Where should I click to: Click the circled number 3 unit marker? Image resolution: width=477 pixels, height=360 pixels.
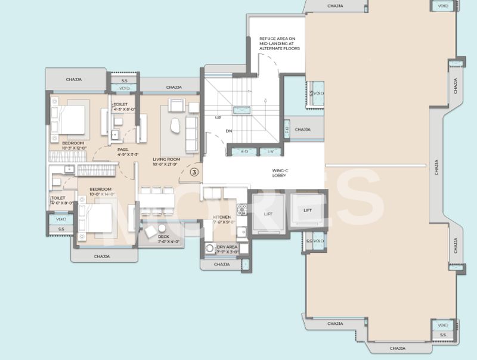point(194,172)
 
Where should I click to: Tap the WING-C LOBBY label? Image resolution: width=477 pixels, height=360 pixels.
point(280,173)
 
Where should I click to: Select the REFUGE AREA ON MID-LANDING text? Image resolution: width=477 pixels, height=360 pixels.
point(279,44)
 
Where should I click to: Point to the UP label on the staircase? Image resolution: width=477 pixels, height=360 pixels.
point(218,117)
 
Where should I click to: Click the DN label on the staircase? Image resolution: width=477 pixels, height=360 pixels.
point(228,131)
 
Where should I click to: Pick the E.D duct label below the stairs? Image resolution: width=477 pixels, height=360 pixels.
point(244,151)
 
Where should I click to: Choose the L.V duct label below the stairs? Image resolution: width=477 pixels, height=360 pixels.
point(271,151)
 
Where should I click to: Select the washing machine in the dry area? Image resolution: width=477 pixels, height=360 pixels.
point(209,249)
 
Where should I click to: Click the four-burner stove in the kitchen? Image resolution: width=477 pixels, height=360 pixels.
point(241,209)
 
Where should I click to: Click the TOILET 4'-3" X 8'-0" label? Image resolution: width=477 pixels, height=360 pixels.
point(125,107)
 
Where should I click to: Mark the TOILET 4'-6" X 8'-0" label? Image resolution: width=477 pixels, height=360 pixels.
point(61,200)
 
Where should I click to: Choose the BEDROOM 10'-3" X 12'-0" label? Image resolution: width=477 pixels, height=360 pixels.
point(74,145)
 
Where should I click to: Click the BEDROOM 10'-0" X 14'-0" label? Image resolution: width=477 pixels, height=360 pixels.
point(101,191)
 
